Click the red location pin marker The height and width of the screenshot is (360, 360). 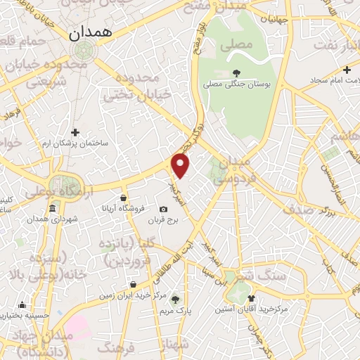181,165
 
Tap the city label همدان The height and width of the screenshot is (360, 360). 86,33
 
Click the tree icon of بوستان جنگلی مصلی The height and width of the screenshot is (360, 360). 236,72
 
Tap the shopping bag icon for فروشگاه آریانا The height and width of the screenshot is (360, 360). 124,198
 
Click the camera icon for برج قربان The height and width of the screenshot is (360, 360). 163,209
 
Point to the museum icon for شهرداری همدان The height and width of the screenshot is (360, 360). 52,210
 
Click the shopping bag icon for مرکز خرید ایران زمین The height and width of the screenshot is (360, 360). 133,285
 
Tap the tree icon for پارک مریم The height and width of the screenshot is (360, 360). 176,299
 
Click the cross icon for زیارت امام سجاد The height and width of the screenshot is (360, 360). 347,70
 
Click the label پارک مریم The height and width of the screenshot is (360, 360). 176,310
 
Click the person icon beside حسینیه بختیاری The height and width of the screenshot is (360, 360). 22,305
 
